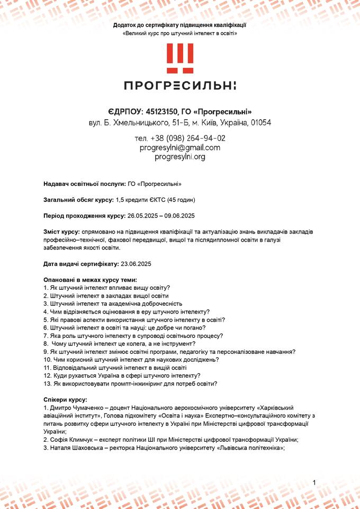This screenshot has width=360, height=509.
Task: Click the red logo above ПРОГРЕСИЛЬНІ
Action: pos(180,58)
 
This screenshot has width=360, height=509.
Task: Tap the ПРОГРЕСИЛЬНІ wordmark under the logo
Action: pos(180,86)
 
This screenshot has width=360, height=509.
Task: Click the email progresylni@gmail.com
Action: pos(180,148)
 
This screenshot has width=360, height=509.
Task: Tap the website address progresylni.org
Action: pos(180,157)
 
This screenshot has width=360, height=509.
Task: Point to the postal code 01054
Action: pos(261,123)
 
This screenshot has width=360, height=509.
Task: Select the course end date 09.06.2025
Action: pos(180,216)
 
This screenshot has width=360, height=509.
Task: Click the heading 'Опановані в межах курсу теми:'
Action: pos(90,280)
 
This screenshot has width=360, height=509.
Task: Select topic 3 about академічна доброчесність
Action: pos(113,303)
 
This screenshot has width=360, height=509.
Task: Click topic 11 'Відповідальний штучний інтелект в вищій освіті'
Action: pos(115,367)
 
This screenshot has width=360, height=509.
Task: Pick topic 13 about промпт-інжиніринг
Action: pos(130,383)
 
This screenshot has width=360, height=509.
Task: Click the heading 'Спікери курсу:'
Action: pos(65,399)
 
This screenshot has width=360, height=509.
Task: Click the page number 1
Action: pos(314,483)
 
